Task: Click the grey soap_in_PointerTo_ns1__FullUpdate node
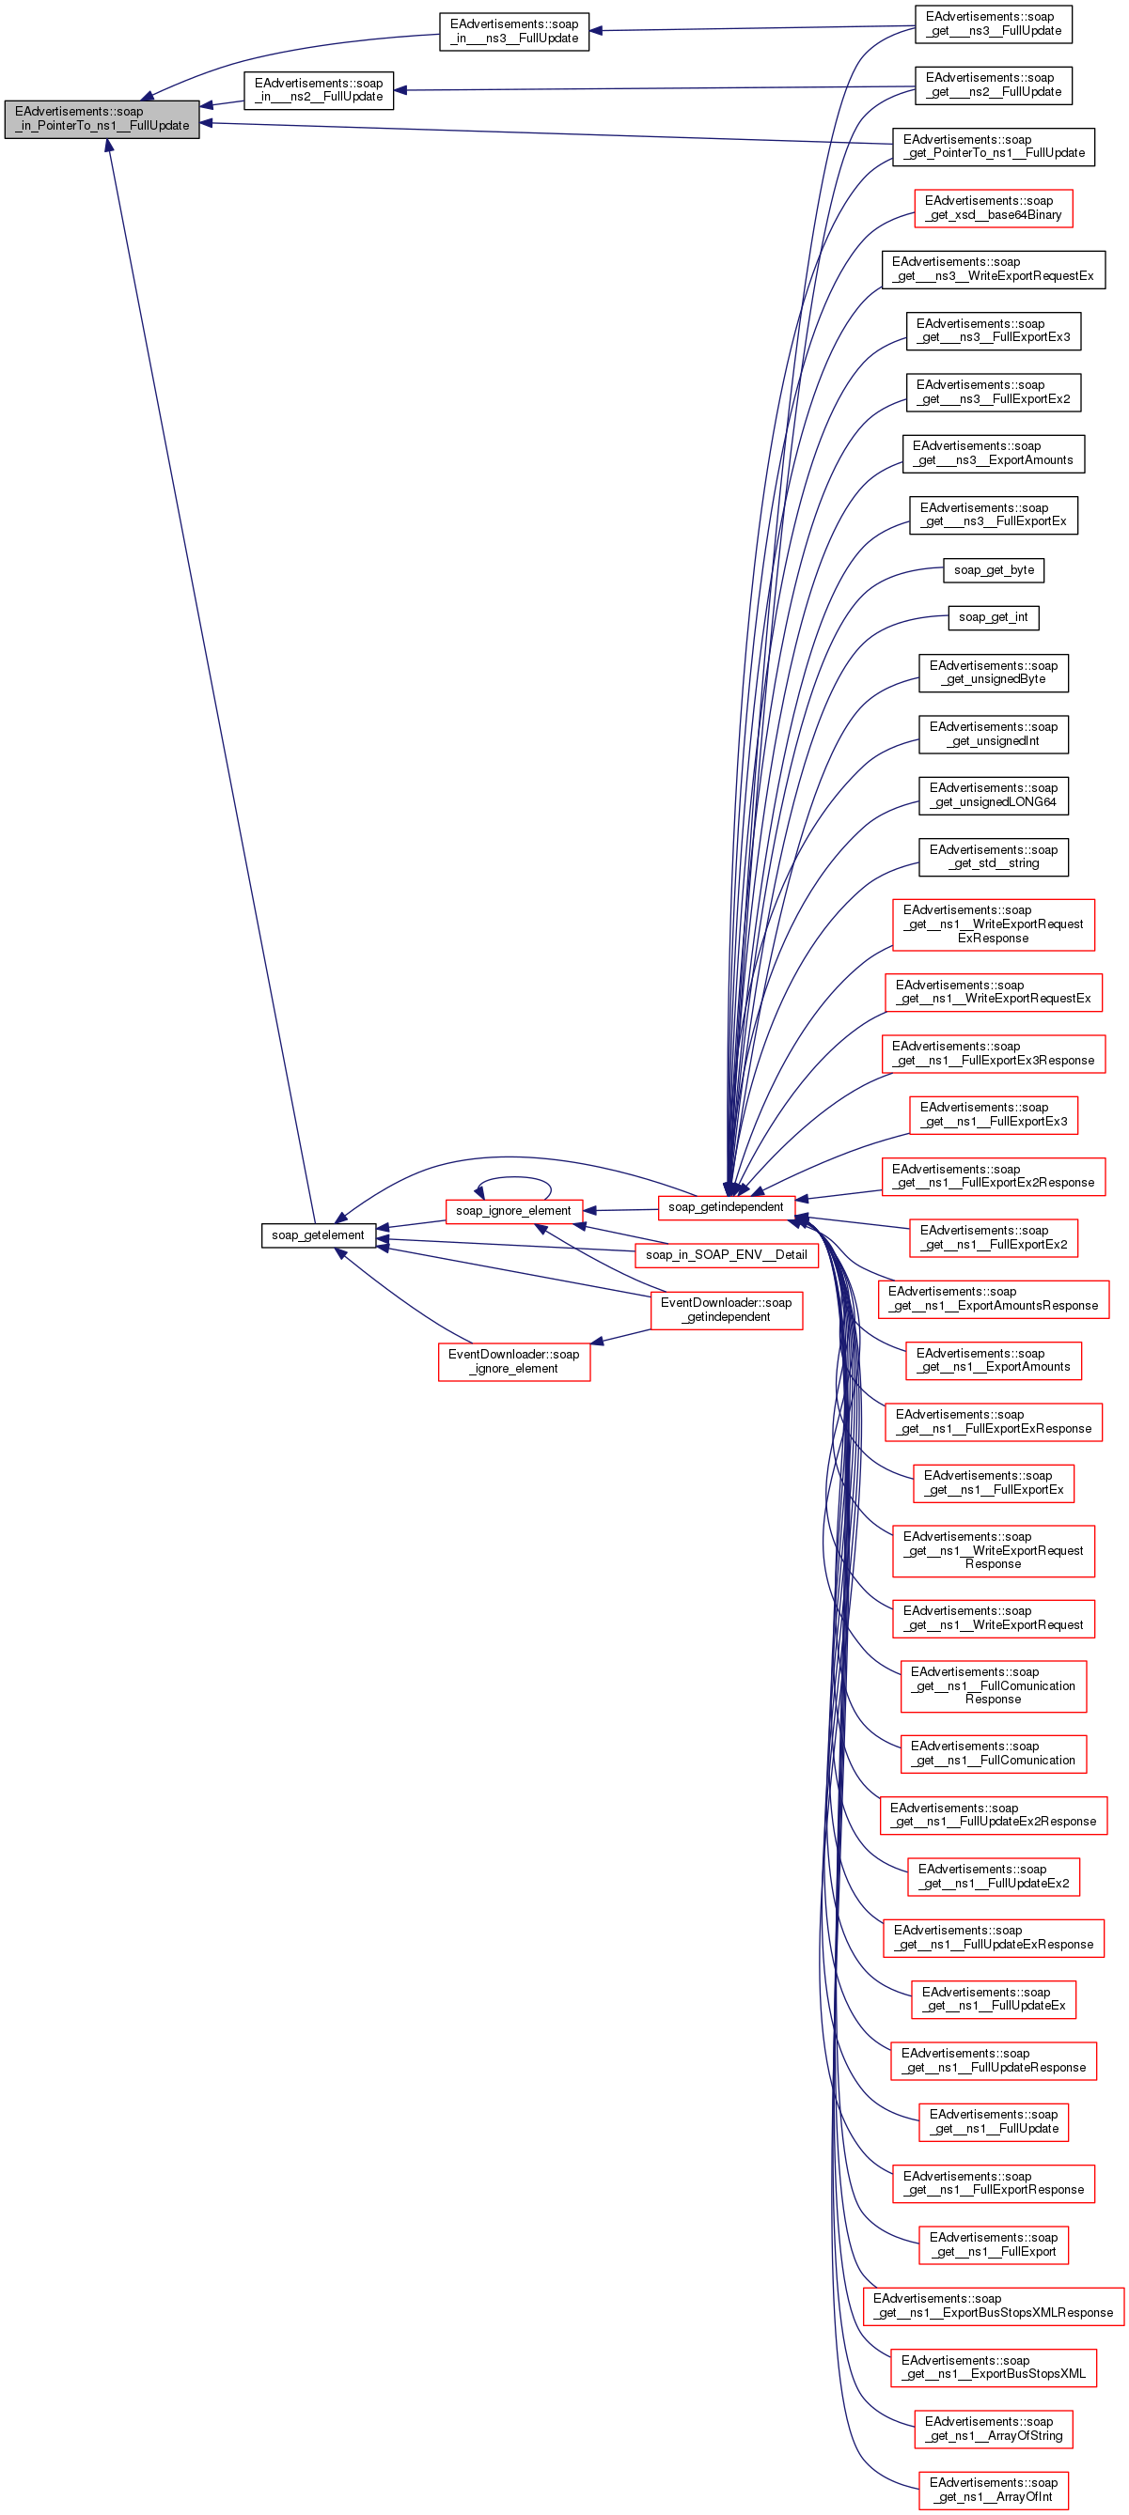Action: pos(102,119)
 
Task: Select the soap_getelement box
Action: pos(318,1235)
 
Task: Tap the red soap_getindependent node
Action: pos(726,1208)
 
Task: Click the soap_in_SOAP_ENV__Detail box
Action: pos(726,1254)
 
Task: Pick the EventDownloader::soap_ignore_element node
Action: pos(513,1361)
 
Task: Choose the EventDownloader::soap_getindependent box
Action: pos(727,1311)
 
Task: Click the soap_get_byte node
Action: pos(994,570)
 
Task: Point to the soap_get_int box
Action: pos(994,617)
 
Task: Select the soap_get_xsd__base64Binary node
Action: pos(994,208)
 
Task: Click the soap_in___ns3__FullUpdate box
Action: pos(513,31)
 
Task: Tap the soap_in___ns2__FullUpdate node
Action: pos(319,91)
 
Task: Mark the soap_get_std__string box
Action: pos(994,857)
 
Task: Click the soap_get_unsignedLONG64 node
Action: pos(994,796)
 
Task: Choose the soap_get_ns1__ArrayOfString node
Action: pos(994,2429)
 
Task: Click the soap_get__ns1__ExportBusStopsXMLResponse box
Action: pos(994,2306)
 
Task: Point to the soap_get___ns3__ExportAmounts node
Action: pos(994,454)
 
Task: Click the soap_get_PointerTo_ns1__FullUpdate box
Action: pos(994,147)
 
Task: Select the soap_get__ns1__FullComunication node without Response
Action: pos(994,1753)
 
